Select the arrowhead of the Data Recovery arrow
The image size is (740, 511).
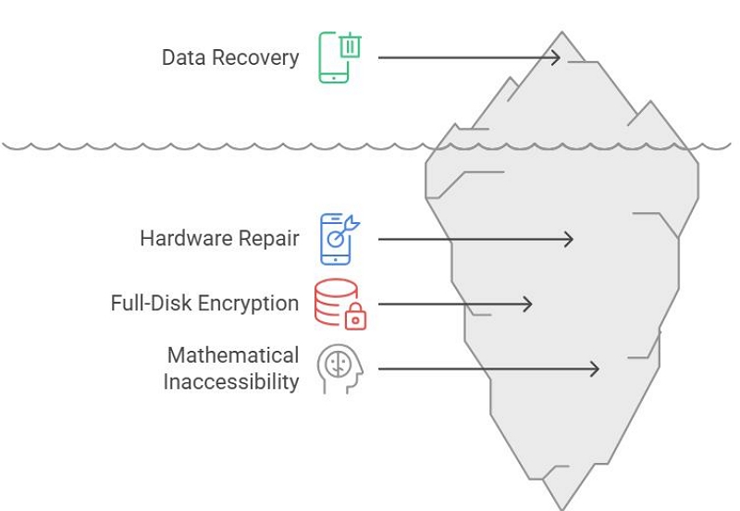click(x=555, y=57)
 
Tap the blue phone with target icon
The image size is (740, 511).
click(x=336, y=239)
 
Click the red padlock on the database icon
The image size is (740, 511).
click(x=354, y=318)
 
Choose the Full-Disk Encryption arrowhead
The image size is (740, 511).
click(x=527, y=304)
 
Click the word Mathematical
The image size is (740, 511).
click(x=233, y=355)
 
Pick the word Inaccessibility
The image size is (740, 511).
click(x=231, y=381)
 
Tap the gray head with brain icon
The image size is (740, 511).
click(x=339, y=368)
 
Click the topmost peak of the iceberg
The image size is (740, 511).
click(x=562, y=34)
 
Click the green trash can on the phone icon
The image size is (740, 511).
click(x=350, y=46)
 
